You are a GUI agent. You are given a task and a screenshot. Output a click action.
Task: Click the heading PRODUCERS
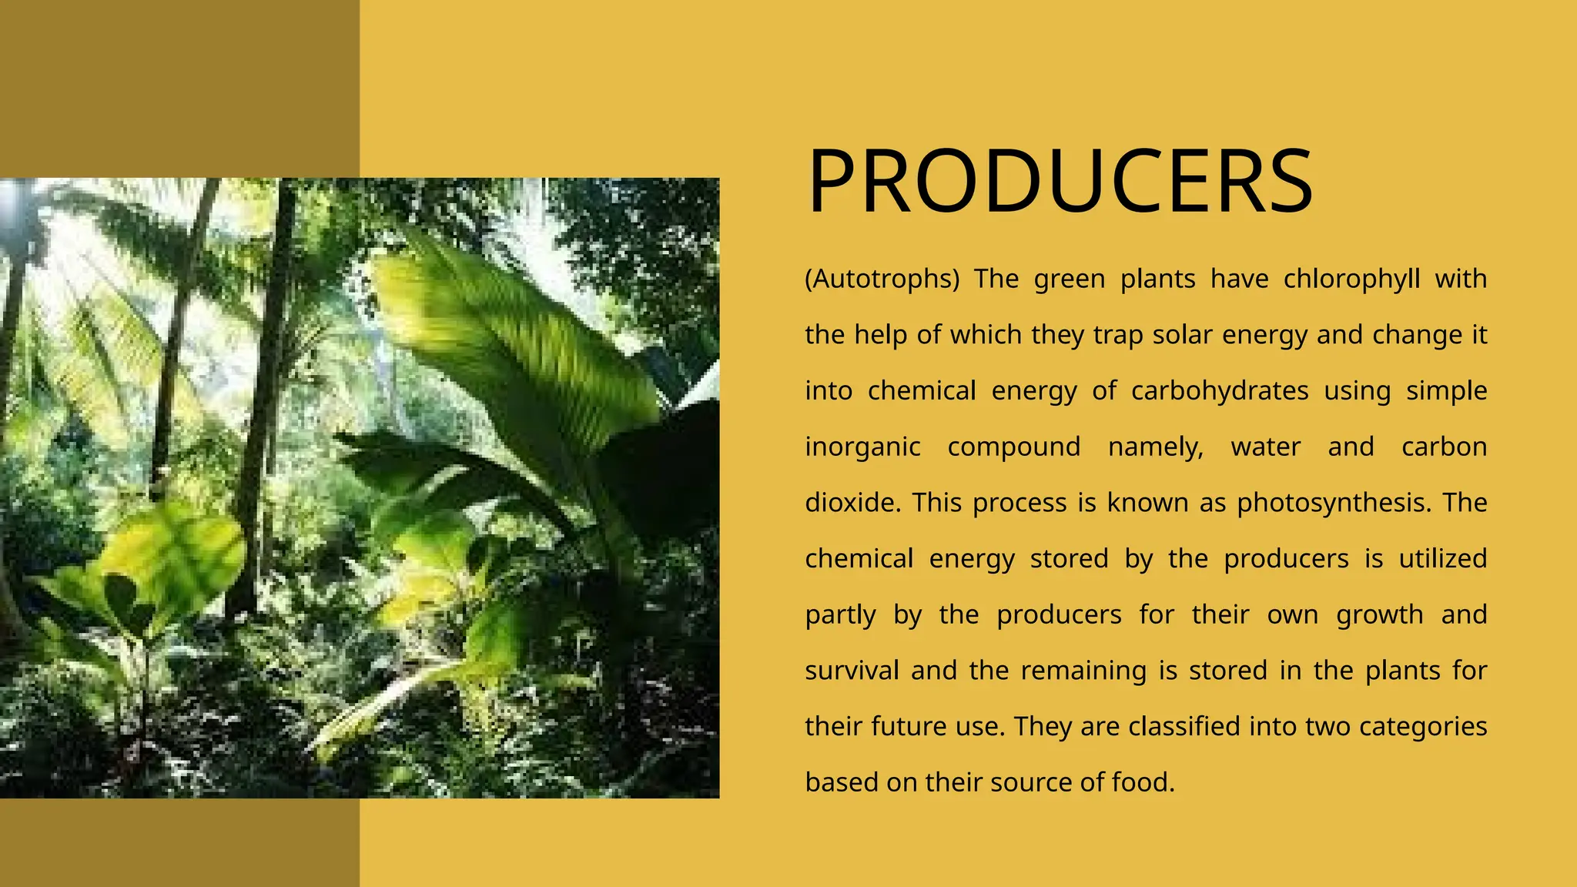point(1060,182)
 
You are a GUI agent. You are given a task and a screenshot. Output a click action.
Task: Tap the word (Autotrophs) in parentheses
point(882,279)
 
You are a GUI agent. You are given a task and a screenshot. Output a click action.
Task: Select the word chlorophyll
point(1351,279)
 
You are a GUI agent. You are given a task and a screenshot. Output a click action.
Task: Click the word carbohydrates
point(1219,391)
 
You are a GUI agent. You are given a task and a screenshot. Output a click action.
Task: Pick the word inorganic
point(862,447)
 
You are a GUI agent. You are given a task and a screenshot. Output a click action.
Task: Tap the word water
point(1265,447)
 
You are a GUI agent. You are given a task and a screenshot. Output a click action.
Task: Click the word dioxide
point(852,503)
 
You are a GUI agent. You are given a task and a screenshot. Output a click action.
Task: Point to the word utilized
point(1442,559)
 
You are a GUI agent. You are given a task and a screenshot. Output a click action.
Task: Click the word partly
point(840,615)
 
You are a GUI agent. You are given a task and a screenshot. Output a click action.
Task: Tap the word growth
point(1379,615)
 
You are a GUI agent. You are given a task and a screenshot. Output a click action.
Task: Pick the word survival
point(852,671)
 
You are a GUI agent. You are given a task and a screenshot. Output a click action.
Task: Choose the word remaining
point(1083,671)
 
